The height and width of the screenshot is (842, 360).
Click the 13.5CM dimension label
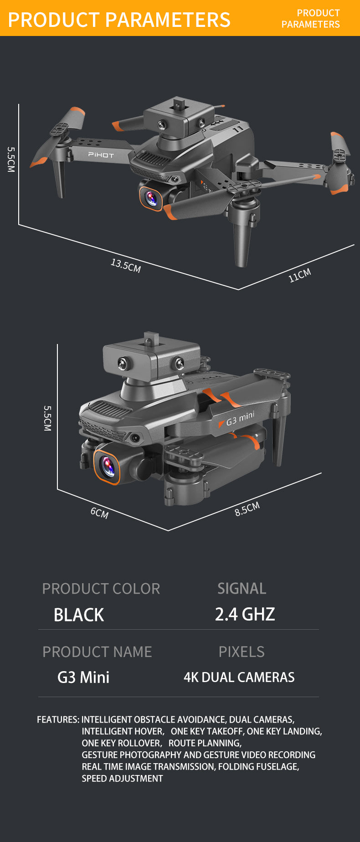click(126, 265)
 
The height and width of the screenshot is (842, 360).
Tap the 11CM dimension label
click(300, 275)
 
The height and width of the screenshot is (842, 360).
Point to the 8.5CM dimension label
click(247, 509)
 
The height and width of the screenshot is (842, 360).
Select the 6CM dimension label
click(99, 513)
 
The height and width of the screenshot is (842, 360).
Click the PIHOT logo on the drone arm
click(101, 155)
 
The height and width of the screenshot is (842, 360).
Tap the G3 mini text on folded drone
click(240, 418)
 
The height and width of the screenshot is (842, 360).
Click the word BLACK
click(79, 615)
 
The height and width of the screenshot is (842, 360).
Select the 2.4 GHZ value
click(245, 614)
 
